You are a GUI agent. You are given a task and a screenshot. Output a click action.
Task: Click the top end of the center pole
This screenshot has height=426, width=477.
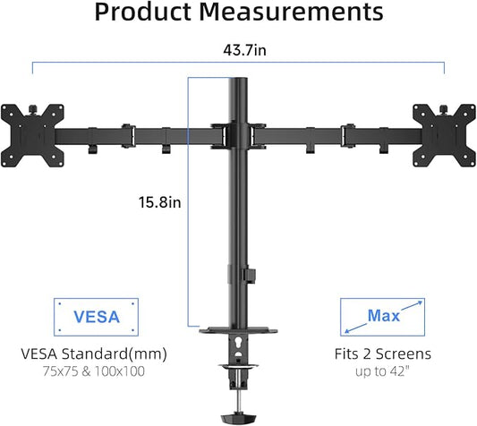(x=238, y=82)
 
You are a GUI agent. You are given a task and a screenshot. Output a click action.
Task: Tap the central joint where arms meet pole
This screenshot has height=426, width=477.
(x=238, y=134)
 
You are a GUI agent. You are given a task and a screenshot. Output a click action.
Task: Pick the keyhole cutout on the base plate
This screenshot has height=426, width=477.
(x=239, y=342)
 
